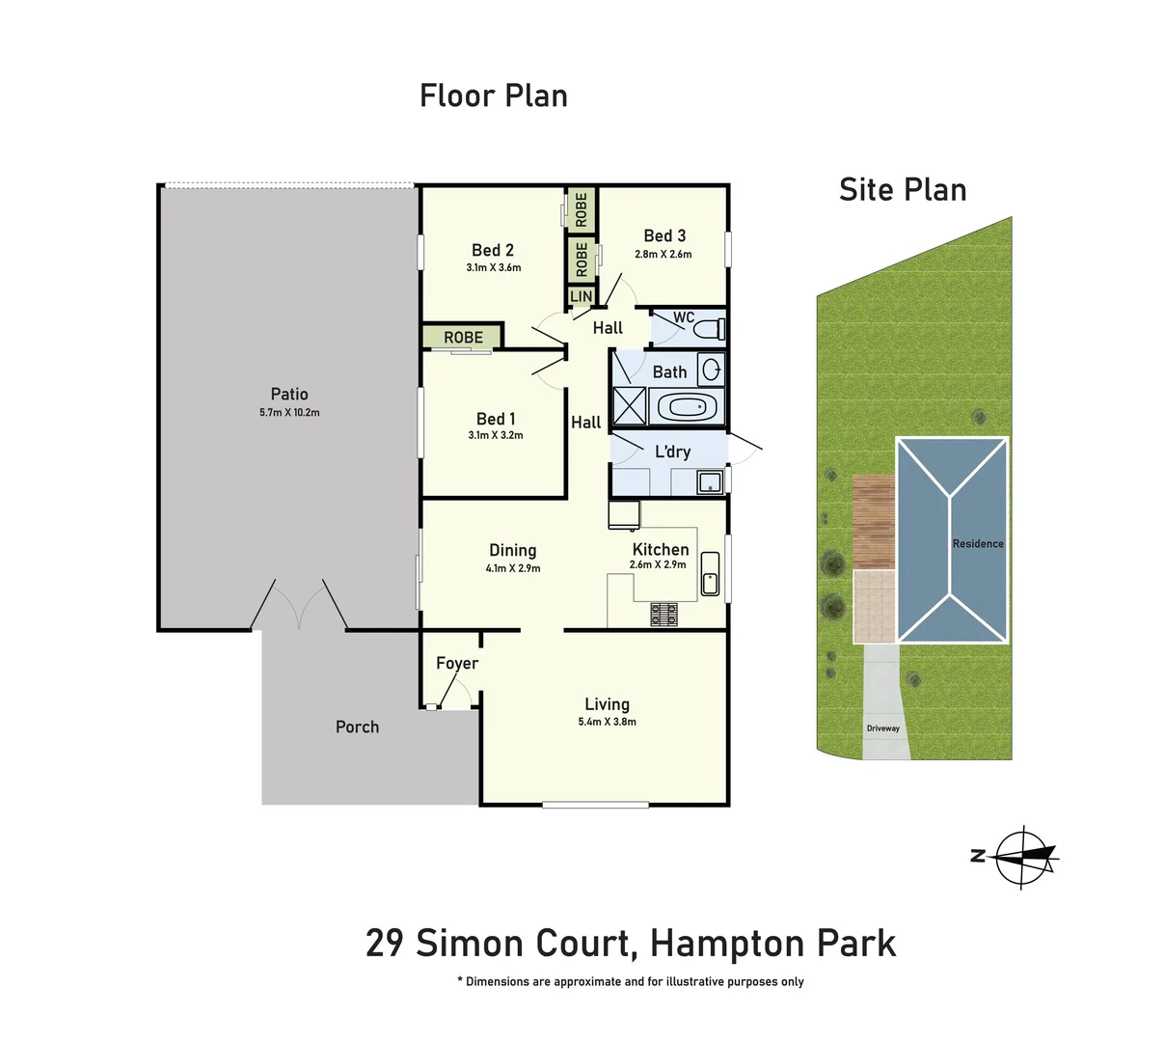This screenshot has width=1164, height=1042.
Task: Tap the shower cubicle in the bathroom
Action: (629, 406)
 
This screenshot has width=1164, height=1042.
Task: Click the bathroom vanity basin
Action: (711, 370)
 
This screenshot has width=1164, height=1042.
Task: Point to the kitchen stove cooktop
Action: (663, 615)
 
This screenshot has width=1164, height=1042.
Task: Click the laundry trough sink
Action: (710, 482)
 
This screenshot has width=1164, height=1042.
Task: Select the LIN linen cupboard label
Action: (582, 296)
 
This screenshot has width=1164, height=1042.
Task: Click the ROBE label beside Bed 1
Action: (463, 338)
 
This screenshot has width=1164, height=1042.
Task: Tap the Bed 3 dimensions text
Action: (663, 255)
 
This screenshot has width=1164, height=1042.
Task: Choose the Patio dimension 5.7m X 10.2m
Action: (289, 413)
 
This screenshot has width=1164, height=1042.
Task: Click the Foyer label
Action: (457, 664)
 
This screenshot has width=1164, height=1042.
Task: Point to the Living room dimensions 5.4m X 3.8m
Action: (607, 722)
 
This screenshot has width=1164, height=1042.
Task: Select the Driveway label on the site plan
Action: (882, 728)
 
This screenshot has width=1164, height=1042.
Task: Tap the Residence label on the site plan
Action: (978, 544)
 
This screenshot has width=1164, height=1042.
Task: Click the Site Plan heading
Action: (903, 190)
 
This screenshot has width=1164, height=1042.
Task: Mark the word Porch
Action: (357, 727)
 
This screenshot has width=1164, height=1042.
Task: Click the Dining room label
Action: (512, 550)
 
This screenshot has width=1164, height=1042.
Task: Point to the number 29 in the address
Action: (384, 943)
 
